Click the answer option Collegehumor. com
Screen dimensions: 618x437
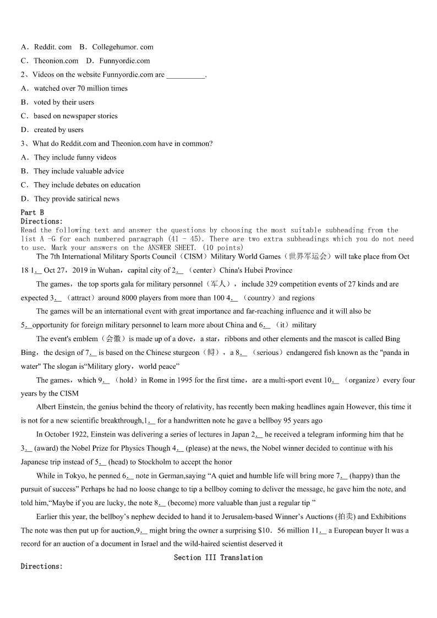tap(123, 47)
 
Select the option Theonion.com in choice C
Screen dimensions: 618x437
tap(56, 61)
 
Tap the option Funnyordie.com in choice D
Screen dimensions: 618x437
tap(124, 61)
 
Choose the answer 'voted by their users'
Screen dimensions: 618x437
tap(64, 102)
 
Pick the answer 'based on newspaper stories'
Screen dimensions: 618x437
tap(75, 116)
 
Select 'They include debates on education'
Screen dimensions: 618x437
tap(87, 185)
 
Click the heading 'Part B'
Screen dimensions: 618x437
tap(32, 212)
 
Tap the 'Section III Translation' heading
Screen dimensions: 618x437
tap(218, 557)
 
